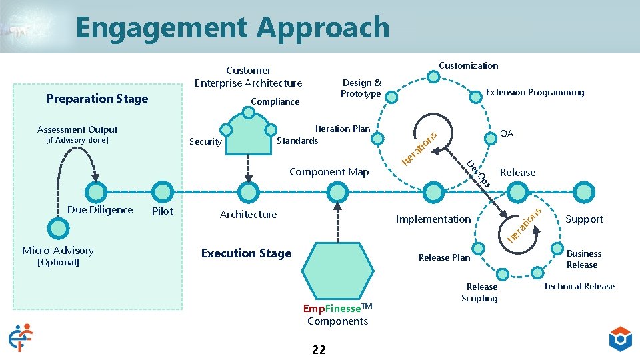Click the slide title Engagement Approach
click(x=232, y=27)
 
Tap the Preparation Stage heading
click(x=97, y=99)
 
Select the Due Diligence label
click(x=100, y=210)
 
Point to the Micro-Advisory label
click(x=58, y=251)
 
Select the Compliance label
click(x=275, y=101)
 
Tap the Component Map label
click(x=329, y=172)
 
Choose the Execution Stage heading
click(x=246, y=253)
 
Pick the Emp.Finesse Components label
click(x=337, y=315)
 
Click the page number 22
click(x=319, y=349)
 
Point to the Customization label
click(x=468, y=65)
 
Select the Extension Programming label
click(x=535, y=93)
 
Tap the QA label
click(x=506, y=133)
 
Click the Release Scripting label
click(x=480, y=293)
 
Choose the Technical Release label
click(x=579, y=286)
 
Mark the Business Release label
click(x=583, y=259)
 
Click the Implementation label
click(x=433, y=219)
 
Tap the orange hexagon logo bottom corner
click(x=621, y=339)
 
